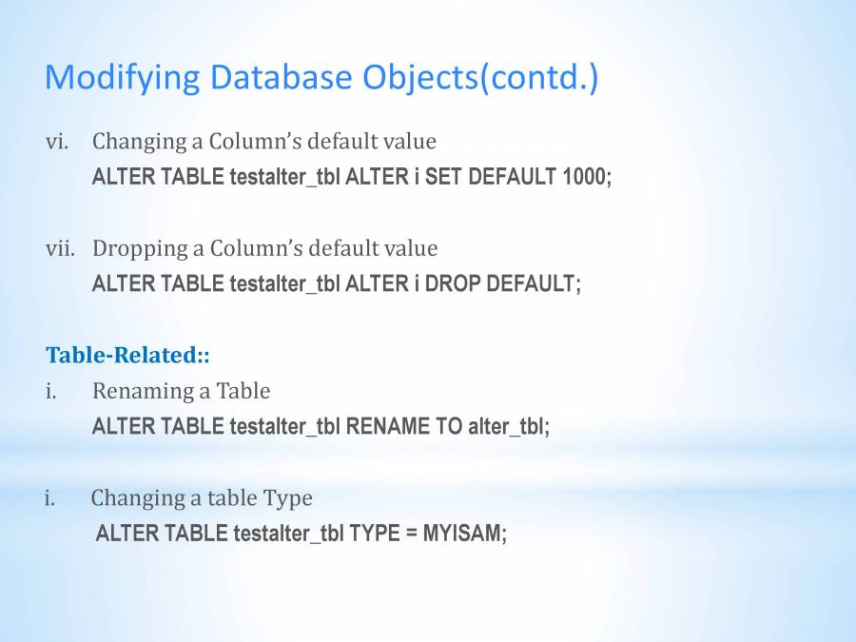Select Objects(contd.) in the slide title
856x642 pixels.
pos(481,77)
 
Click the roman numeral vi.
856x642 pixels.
pos(57,142)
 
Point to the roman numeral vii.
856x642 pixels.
pos(60,248)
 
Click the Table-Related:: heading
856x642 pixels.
pos(127,355)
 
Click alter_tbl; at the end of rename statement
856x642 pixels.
pos(509,426)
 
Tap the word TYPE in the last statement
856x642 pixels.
pos(375,534)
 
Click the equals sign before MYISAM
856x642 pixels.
pos(412,534)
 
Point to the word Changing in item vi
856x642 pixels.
pos(140,142)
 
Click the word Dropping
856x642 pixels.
pos(141,249)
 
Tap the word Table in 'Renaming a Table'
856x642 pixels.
pos(243,391)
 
